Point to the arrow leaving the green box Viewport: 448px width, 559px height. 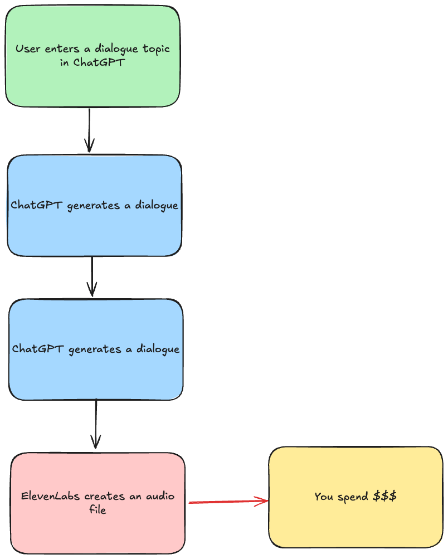tap(89, 130)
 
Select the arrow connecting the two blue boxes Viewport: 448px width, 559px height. tap(92, 276)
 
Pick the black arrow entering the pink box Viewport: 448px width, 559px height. tap(96, 424)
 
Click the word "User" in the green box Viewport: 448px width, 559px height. tap(28, 49)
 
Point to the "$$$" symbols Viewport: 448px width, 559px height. tap(384, 496)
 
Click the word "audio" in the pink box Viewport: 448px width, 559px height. tap(159, 496)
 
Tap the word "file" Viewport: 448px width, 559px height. tap(98, 509)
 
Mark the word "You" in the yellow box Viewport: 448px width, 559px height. tap(324, 496)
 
